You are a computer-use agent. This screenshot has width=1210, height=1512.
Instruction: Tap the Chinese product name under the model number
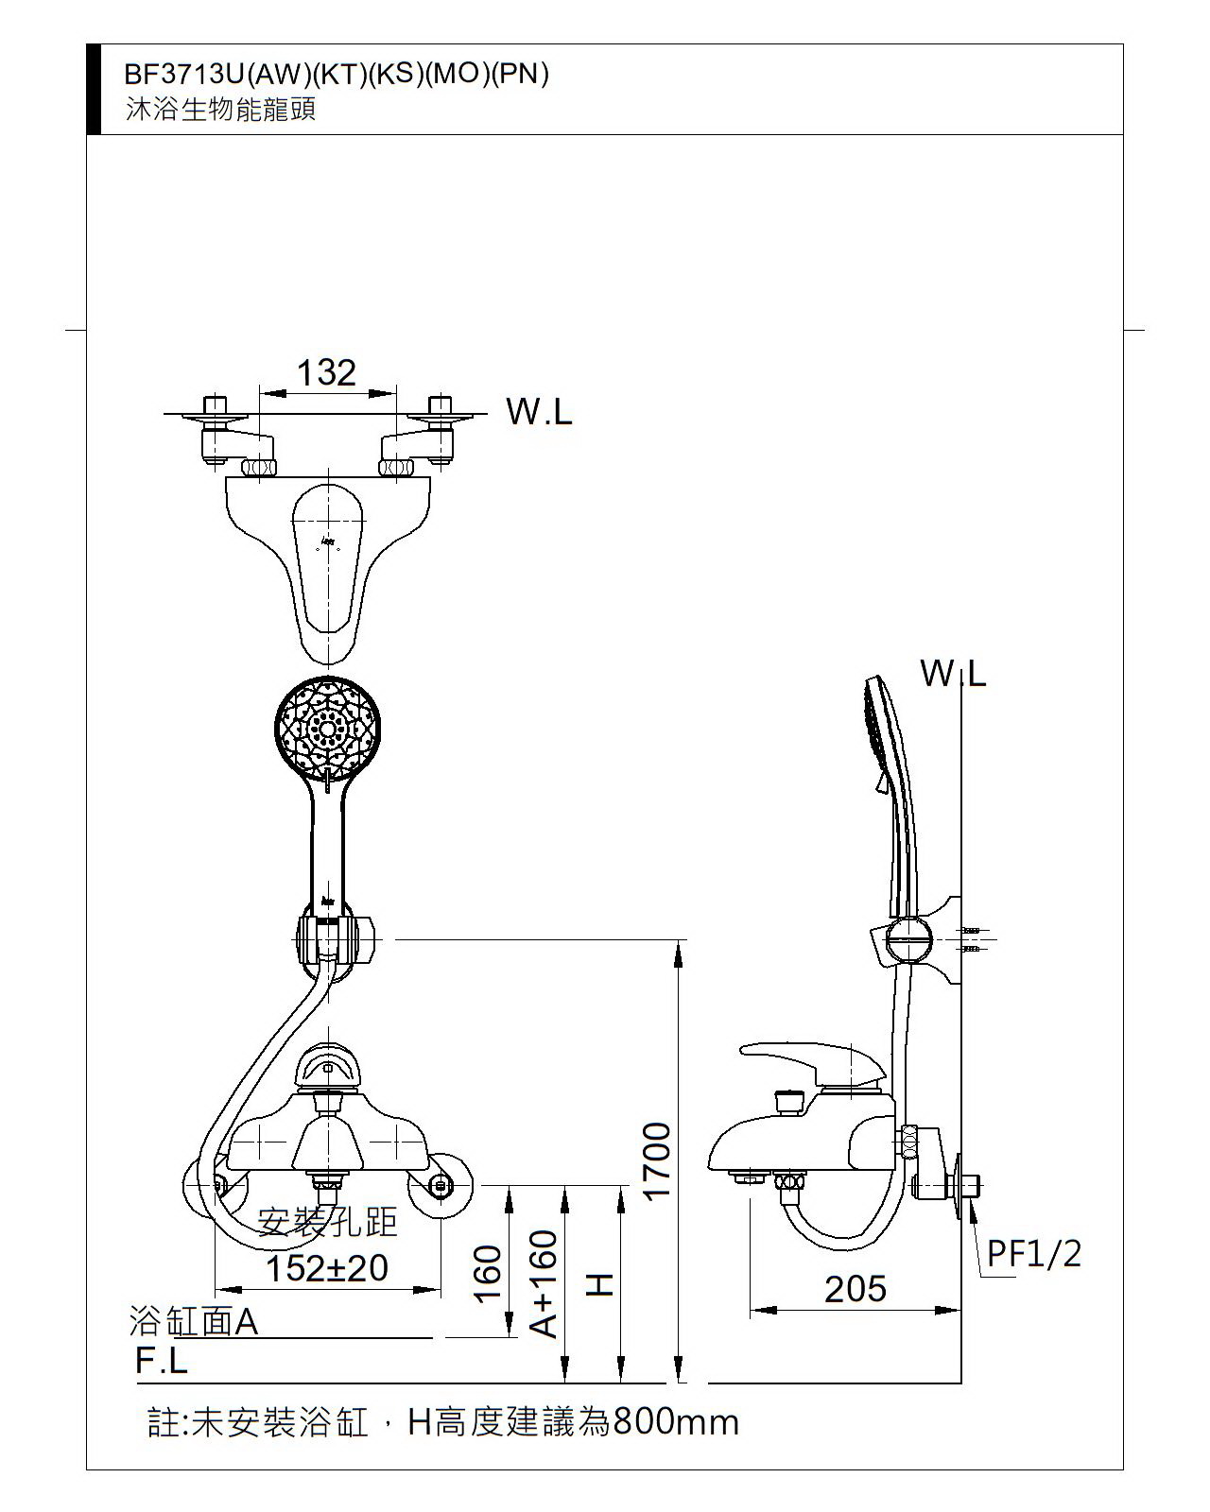click(221, 110)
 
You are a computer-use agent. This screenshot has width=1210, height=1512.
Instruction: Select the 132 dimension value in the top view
click(326, 373)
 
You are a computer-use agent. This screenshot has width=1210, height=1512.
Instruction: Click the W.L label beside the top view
click(539, 412)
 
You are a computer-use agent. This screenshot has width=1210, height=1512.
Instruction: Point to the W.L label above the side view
click(953, 674)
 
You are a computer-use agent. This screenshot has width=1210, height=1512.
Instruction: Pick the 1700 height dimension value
click(657, 1160)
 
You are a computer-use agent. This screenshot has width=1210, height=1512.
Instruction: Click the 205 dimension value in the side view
click(856, 1288)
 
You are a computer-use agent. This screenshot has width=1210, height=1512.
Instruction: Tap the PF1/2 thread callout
click(1034, 1253)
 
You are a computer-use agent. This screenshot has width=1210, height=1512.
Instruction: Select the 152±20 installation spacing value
click(327, 1268)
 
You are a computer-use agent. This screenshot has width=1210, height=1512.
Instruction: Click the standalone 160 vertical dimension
click(488, 1273)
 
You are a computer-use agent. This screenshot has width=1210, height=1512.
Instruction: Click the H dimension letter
click(601, 1284)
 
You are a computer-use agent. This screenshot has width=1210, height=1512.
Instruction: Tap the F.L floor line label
click(162, 1361)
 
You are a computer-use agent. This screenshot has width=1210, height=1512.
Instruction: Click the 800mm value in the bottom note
click(676, 1421)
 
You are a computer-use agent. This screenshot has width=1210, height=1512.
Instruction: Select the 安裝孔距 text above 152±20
click(327, 1223)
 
